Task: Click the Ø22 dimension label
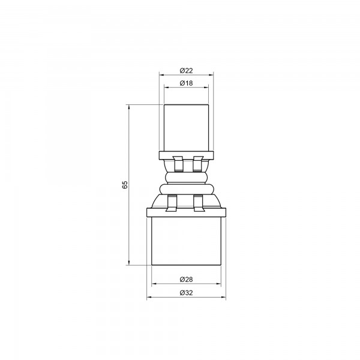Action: [x=186, y=69]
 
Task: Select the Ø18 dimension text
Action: [x=186, y=83]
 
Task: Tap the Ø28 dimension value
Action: [x=186, y=280]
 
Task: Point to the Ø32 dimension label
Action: [x=186, y=293]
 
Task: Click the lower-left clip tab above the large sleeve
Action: [x=172, y=203]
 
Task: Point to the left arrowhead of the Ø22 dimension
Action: [x=161, y=74]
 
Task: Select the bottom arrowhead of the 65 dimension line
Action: [x=130, y=262]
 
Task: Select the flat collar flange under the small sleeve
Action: [x=186, y=156]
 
